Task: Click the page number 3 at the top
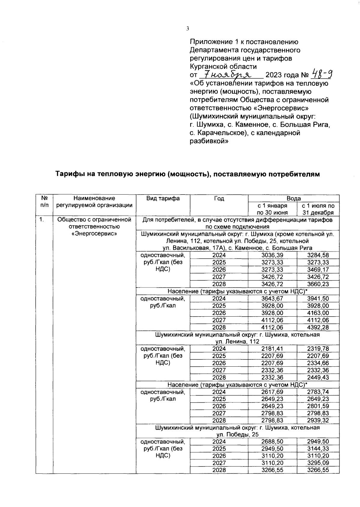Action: click(187, 29)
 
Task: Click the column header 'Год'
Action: click(219, 198)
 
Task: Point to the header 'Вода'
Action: click(293, 198)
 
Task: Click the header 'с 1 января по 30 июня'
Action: click(272, 209)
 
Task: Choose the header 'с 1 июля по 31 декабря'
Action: click(318, 209)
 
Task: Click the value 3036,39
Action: click(272, 255)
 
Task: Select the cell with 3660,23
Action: click(318, 284)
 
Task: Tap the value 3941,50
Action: click(318, 299)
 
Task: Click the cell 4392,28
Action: click(318, 327)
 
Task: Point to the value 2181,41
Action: click(272, 349)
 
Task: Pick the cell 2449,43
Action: click(318, 377)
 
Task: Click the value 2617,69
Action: click(272, 392)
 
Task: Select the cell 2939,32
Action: click(318, 421)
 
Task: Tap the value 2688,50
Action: click(272, 442)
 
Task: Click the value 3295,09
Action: click(318, 463)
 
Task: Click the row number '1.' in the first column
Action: click(42, 220)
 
